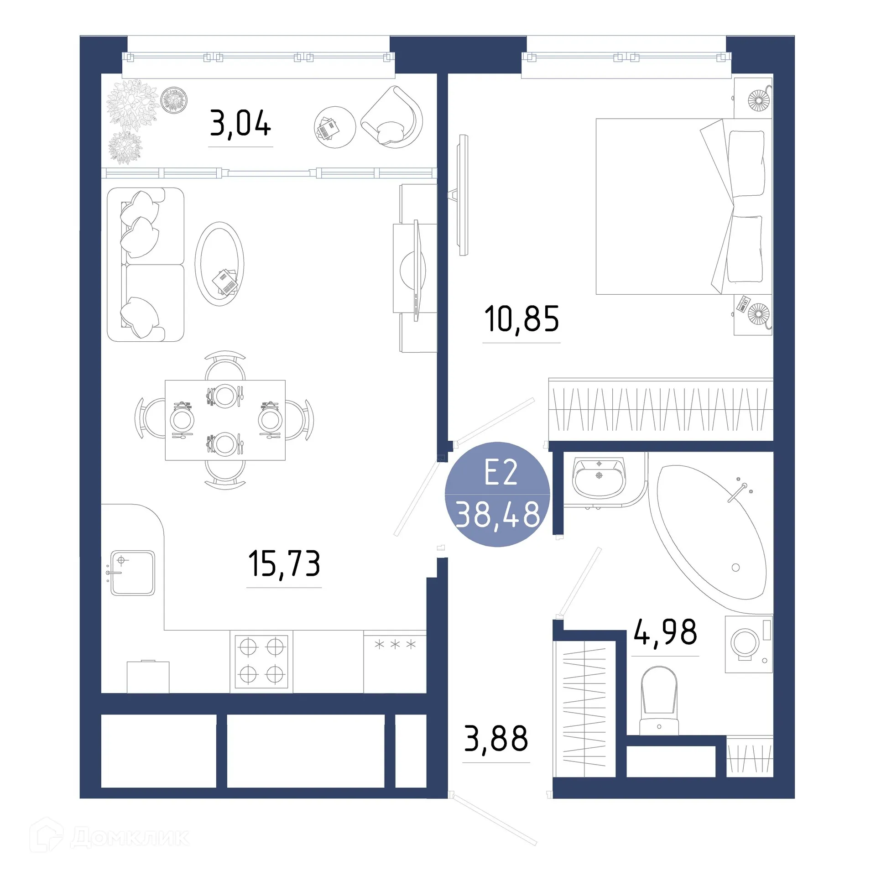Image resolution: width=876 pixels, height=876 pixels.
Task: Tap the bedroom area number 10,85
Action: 521,319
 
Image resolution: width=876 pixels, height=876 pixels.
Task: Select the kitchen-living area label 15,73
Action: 284,563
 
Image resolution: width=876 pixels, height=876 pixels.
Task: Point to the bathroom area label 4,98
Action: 665,632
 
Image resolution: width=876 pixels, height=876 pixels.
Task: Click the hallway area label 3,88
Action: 496,739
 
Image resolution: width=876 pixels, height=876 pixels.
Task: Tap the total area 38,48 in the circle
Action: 498,514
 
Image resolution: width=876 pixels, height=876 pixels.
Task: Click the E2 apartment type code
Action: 501,473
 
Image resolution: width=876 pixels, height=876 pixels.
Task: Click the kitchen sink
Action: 133,573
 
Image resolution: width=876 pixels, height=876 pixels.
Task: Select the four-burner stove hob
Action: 261,661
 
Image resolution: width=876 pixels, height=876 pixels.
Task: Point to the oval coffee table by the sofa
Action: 219,264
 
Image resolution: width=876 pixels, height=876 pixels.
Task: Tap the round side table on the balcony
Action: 334,127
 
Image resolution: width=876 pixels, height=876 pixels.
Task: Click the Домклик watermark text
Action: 130,837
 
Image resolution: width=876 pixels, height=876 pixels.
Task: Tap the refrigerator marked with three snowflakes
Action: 395,661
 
